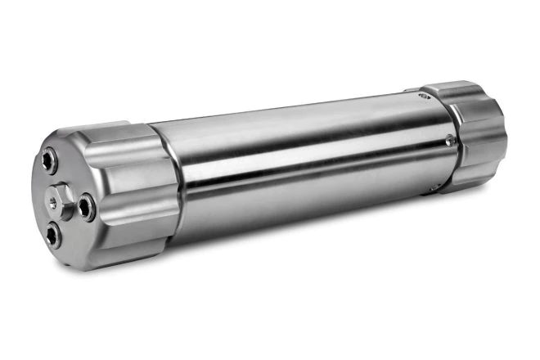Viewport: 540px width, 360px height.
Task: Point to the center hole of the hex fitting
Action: [x=61, y=197]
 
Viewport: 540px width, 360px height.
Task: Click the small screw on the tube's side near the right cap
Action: [x=449, y=142]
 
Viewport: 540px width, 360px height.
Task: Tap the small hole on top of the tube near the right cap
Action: [x=421, y=96]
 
